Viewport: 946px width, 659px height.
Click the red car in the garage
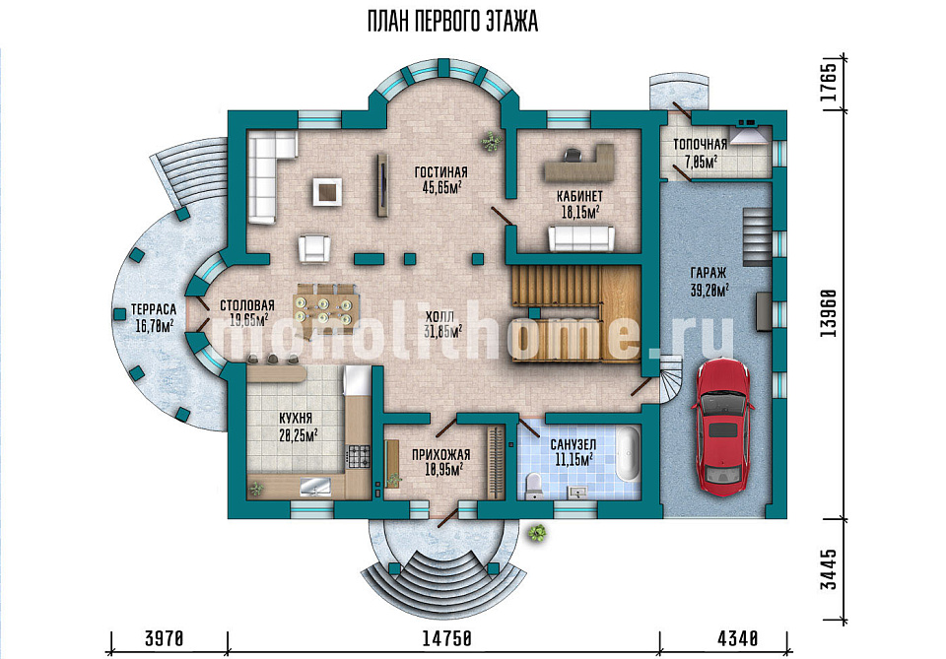point(721,428)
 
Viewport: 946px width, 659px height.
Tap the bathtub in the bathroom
point(628,453)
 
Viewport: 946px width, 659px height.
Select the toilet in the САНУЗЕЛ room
point(534,486)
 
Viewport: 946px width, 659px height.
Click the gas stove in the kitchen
point(359,456)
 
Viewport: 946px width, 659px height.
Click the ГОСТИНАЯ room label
point(441,172)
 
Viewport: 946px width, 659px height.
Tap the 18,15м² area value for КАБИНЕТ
point(579,212)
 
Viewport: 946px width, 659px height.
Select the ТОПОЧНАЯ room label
point(701,145)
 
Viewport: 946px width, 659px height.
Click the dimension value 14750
point(446,638)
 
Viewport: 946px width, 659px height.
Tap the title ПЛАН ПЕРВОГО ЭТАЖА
point(452,23)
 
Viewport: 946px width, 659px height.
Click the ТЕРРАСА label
point(154,310)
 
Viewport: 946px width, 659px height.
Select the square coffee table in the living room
point(327,192)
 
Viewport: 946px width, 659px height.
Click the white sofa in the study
point(581,238)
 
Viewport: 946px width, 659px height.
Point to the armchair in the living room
point(314,248)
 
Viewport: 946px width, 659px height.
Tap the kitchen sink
point(315,486)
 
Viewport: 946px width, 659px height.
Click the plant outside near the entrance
point(536,533)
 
